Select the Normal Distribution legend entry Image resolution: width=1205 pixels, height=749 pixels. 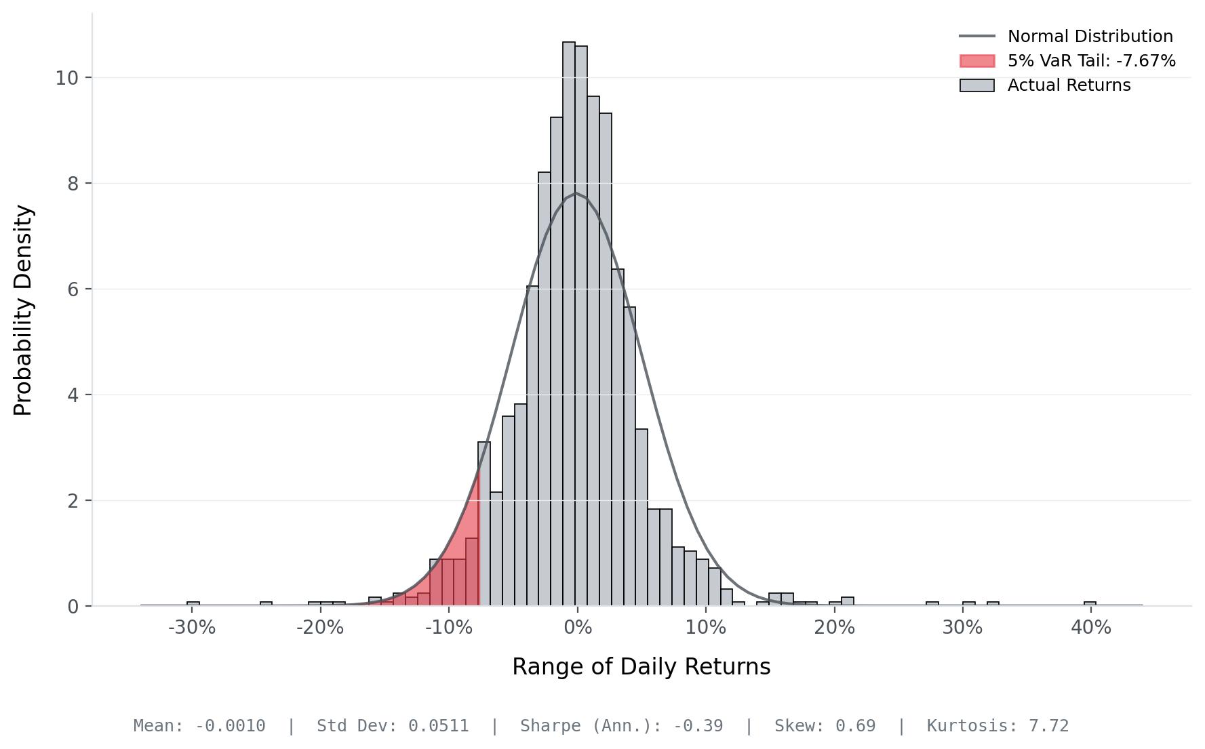[x=1090, y=37]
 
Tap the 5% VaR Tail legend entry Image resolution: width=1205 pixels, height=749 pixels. [x=1091, y=61]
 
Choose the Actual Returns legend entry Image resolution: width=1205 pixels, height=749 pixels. [x=1069, y=85]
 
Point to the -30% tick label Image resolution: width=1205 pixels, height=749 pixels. [x=191, y=628]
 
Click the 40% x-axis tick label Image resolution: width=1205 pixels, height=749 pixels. [x=1090, y=628]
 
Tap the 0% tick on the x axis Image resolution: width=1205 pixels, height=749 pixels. [x=577, y=628]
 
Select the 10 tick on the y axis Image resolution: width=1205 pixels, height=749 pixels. [x=66, y=78]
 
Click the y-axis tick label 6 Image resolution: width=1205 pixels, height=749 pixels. [x=73, y=289]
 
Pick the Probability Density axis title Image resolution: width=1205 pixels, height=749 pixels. [x=23, y=310]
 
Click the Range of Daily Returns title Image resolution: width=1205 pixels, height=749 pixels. [x=641, y=667]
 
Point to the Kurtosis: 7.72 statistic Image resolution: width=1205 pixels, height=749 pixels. [x=997, y=726]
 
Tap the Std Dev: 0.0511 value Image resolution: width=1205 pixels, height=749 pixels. [x=393, y=726]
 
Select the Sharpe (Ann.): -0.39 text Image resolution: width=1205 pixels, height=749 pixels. [x=621, y=726]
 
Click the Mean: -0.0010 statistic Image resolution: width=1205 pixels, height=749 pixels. [x=199, y=726]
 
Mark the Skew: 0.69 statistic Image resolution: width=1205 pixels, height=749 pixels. [x=825, y=726]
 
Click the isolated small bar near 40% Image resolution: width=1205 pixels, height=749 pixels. [x=1090, y=603]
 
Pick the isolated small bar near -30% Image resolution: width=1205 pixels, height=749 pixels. [x=193, y=603]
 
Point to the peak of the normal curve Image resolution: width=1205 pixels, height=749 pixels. [x=575, y=193]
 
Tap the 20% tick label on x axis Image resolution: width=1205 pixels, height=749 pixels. [x=834, y=628]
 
